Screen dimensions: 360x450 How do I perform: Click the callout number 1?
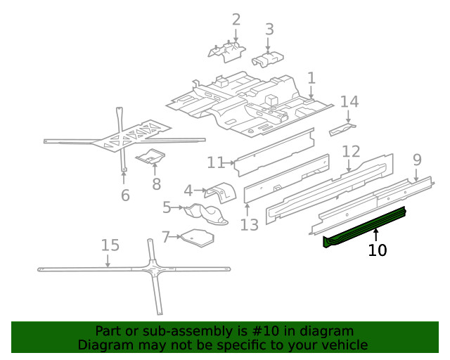tap(311, 78)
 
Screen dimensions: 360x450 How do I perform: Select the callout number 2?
tap(236, 20)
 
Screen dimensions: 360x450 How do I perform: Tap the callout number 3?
tap(269, 29)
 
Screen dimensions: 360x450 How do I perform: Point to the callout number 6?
tap(125, 195)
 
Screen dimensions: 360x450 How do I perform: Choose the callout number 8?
tap(156, 184)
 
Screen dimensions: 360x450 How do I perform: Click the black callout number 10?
tap(378, 250)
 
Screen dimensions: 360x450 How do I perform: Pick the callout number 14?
tap(349, 102)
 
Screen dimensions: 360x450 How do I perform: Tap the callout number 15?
tap(110, 245)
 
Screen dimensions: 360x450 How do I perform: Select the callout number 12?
tap(351, 152)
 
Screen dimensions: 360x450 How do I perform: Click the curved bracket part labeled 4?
tap(219, 193)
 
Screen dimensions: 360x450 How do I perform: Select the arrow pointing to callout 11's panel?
tap(231, 163)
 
